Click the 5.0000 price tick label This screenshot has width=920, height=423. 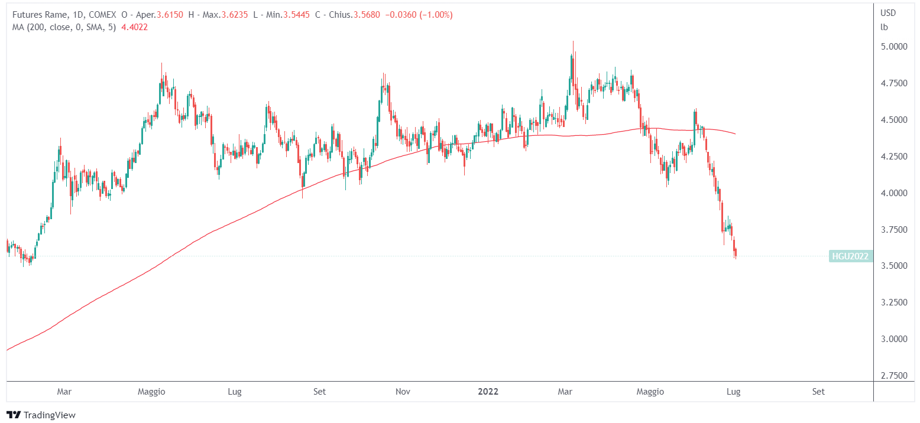893,46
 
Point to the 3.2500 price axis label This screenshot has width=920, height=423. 893,302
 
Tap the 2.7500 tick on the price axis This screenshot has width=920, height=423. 893,376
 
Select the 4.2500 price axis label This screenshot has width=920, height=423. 893,157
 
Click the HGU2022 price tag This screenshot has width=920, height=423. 850,256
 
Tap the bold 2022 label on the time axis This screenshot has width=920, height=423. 488,392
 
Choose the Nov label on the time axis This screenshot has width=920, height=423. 403,392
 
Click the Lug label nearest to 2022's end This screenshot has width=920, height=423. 733,392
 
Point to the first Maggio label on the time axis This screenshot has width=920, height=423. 151,392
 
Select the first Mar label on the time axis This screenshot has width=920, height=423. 64,392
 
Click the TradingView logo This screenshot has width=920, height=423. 41,415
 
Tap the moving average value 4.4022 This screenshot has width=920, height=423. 134,27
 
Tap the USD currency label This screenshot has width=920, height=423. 888,13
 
